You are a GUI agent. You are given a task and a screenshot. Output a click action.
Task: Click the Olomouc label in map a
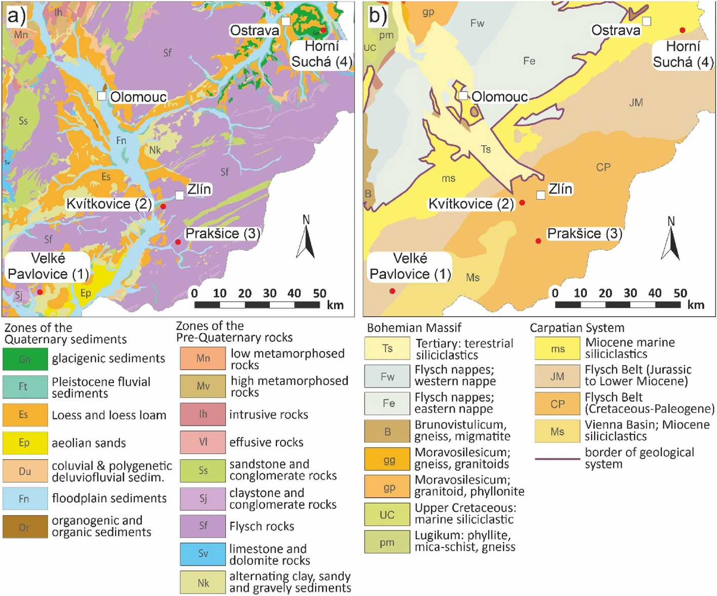click(x=138, y=97)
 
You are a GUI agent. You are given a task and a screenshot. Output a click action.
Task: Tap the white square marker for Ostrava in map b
click(x=647, y=21)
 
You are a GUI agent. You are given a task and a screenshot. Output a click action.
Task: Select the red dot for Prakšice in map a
click(x=178, y=242)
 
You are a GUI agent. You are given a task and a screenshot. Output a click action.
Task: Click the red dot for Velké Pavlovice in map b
click(x=392, y=291)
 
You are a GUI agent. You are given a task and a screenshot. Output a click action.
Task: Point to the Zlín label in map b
click(x=561, y=189)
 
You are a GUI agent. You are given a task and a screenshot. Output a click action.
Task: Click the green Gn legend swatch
click(x=25, y=359)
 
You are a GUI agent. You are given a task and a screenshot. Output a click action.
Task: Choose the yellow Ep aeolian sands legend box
click(x=25, y=443)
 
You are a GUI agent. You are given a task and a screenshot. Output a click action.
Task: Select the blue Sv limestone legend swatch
click(x=203, y=553)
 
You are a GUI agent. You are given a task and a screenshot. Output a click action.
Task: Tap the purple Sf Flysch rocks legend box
click(x=203, y=526)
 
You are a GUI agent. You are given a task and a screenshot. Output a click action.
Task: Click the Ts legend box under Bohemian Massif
click(x=387, y=348)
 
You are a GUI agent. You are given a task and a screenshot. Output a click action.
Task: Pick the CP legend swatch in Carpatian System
click(x=557, y=404)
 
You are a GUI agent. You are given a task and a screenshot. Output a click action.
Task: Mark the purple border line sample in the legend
click(x=557, y=459)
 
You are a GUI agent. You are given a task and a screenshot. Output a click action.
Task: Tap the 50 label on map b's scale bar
click(x=680, y=293)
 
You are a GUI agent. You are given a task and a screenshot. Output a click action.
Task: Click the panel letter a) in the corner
click(x=16, y=16)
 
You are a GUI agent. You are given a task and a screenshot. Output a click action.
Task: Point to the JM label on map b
click(x=636, y=103)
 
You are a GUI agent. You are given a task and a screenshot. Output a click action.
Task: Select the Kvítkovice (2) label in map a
click(x=109, y=204)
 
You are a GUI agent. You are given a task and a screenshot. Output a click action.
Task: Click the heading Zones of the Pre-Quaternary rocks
click(x=234, y=332)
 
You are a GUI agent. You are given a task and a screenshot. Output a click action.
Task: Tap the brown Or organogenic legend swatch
click(x=25, y=527)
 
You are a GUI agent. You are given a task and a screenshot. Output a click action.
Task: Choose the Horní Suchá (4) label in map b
click(x=683, y=54)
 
